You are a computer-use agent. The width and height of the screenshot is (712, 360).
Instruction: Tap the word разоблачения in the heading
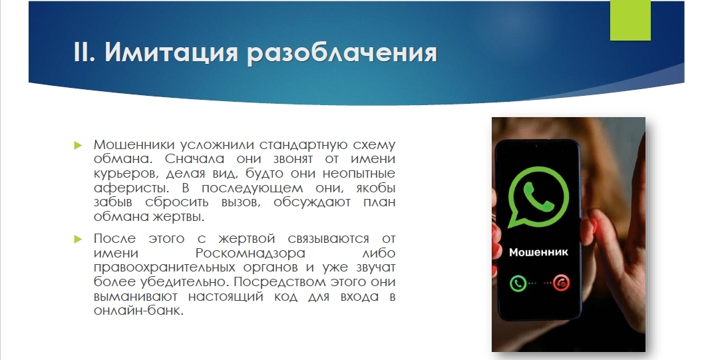tap(343, 54)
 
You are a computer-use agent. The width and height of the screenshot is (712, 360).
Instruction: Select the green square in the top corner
tap(630, 21)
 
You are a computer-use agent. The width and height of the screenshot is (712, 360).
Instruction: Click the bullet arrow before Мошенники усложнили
tap(78, 145)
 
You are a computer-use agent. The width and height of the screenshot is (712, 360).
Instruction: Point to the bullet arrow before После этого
tap(78, 239)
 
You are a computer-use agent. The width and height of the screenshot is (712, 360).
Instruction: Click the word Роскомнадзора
tap(250, 253)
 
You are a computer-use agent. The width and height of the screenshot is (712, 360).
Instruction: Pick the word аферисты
tap(134, 188)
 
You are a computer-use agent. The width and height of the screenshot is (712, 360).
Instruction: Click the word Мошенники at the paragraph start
tap(134, 145)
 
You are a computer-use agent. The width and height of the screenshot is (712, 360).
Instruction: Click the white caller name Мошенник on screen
tap(538, 252)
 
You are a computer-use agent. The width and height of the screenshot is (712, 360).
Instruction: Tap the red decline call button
tap(562, 283)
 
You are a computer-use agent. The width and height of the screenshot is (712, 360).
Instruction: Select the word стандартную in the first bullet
tap(303, 145)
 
